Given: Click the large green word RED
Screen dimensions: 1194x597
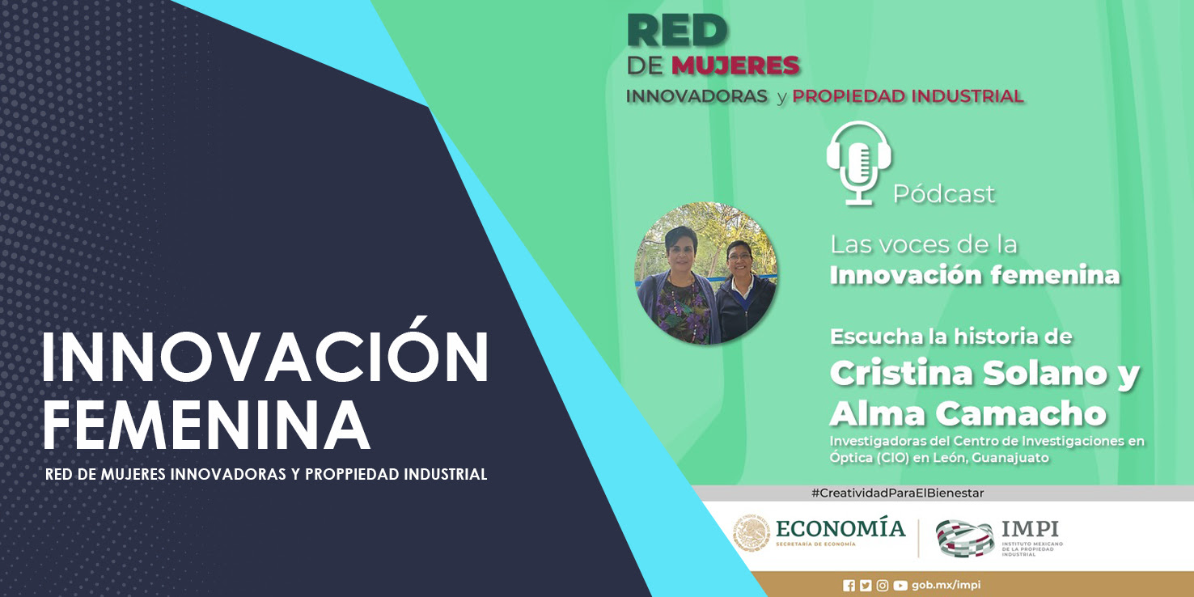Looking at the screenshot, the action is tap(677, 31).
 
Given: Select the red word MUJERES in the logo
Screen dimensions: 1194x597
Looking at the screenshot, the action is tap(735, 66).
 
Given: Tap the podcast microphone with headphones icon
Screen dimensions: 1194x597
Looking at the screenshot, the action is tap(859, 163).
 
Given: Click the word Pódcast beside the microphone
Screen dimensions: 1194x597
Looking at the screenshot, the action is tap(944, 193).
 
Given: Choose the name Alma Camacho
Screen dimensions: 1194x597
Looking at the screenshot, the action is tap(968, 413).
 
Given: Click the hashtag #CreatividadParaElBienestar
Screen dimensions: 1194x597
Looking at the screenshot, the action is tap(897, 493).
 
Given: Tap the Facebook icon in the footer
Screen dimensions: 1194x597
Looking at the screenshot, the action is tap(849, 586).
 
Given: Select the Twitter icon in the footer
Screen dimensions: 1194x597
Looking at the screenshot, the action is tap(866, 586).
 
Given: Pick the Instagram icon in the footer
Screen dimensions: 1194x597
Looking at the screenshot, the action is tap(883, 586).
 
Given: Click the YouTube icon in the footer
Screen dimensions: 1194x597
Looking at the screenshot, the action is tap(900, 586).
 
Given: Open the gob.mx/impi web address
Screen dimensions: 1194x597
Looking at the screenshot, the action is tap(946, 586).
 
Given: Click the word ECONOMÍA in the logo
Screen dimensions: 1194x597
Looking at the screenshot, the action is tap(840, 528).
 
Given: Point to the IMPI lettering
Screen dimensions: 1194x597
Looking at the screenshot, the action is tap(1030, 529).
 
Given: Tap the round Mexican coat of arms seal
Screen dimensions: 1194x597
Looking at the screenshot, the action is tap(752, 533).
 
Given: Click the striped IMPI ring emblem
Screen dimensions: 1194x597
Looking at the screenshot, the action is tap(965, 538).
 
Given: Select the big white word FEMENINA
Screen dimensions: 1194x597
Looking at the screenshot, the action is tap(206, 426).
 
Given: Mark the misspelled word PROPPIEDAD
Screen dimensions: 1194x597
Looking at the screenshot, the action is tap(352, 474).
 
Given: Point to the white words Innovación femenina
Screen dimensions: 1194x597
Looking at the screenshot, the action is tap(975, 276).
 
